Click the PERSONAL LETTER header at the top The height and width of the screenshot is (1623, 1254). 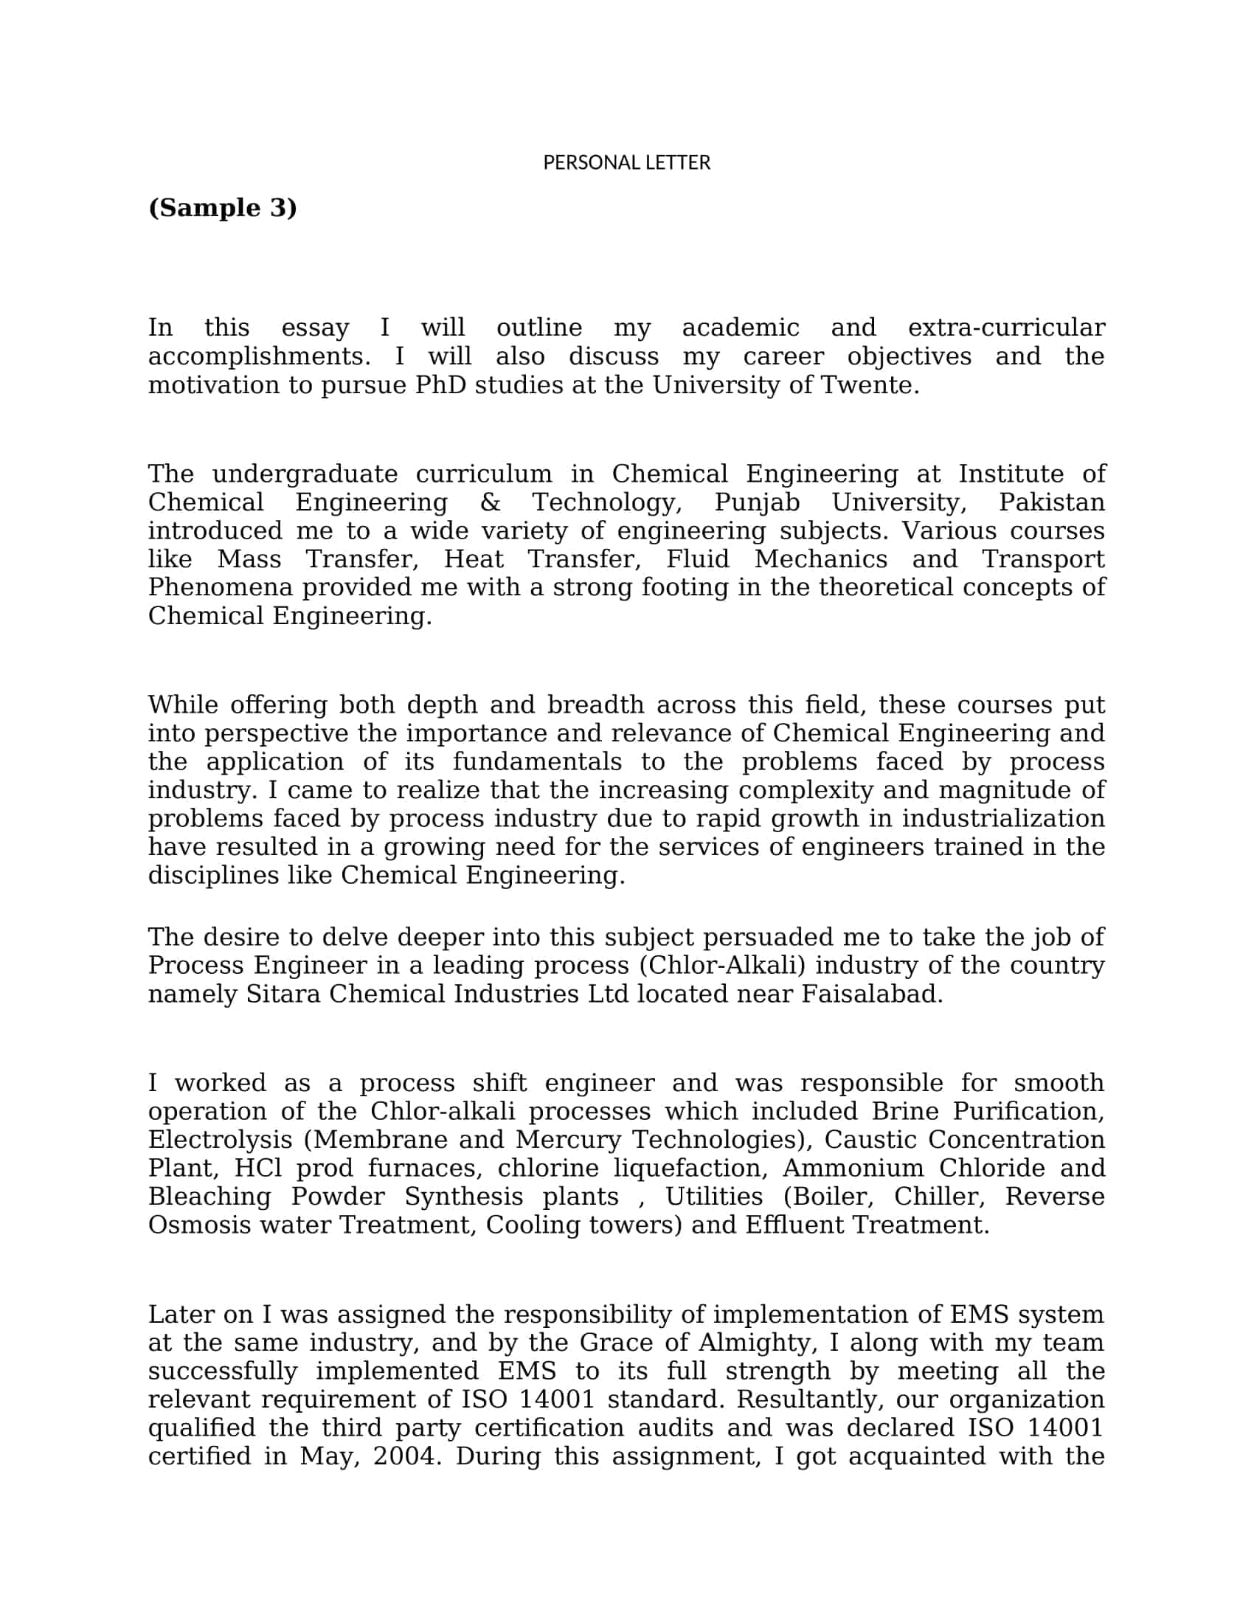[626, 163]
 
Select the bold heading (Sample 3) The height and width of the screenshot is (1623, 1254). [223, 207]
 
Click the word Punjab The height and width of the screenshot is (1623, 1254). [757, 502]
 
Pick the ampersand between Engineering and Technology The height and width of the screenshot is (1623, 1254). [491, 502]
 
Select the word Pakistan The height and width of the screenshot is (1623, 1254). [1051, 502]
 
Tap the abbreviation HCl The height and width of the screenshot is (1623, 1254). [257, 1169]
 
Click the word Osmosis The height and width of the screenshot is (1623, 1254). [199, 1225]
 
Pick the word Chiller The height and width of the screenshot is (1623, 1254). [940, 1197]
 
